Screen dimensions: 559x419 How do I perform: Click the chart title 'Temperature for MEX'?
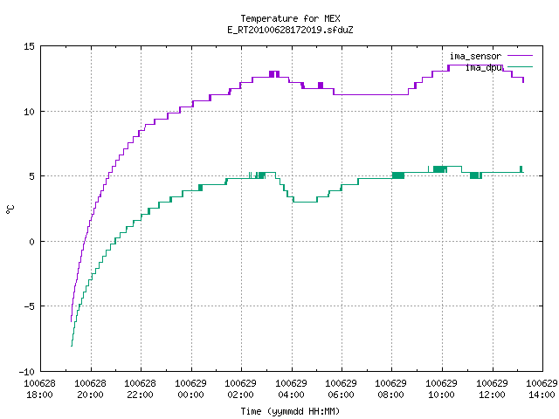pos(290,18)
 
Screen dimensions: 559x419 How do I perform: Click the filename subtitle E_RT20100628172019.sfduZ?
pos(290,30)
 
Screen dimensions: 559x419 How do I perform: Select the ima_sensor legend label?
pos(475,56)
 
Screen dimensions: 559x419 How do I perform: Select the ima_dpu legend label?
pos(484,67)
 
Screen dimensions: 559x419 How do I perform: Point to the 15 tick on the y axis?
pos(29,46)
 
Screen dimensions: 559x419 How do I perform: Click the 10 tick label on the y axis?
pos(29,112)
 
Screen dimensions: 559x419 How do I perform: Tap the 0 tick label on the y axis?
pos(31,242)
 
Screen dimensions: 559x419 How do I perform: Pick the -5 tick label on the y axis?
pos(29,306)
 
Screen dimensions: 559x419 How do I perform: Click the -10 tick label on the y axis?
pos(27,372)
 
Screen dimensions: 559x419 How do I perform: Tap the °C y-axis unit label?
pos(10,209)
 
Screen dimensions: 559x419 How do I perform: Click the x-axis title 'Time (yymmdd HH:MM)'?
pos(290,411)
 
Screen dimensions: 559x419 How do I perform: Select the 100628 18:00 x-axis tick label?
pos(39,388)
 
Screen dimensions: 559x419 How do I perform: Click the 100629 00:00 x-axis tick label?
pos(190,388)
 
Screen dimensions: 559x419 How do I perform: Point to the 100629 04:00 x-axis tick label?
pos(291,388)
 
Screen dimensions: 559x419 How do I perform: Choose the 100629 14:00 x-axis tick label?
pos(542,388)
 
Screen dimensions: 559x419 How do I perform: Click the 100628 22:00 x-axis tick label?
pos(140,388)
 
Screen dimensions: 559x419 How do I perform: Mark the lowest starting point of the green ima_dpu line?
pos(72,346)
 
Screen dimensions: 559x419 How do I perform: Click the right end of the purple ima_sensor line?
pos(523,82)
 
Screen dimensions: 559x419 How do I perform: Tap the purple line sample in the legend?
pos(520,56)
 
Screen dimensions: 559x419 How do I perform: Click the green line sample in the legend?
pos(520,67)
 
